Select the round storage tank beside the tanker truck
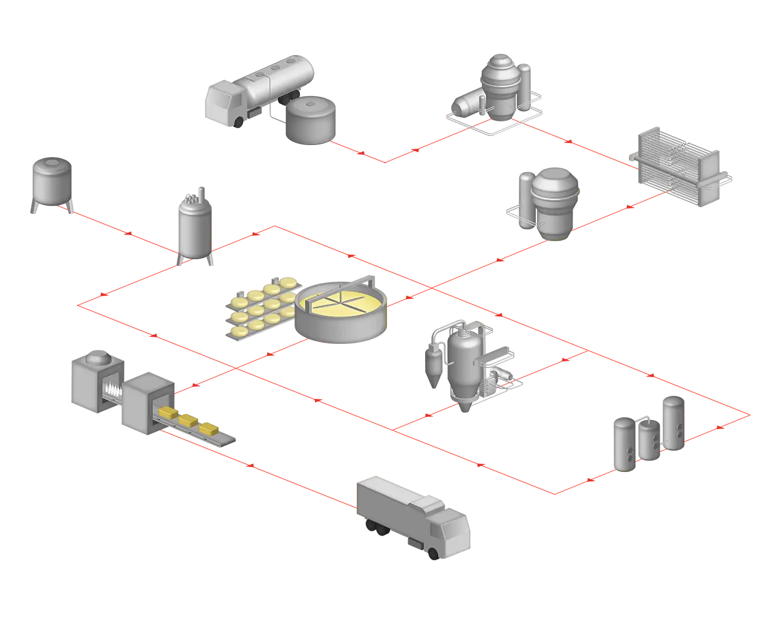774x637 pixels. pos(311,122)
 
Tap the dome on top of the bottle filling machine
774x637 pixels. pos(98,358)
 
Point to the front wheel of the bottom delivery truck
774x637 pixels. pos(432,551)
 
